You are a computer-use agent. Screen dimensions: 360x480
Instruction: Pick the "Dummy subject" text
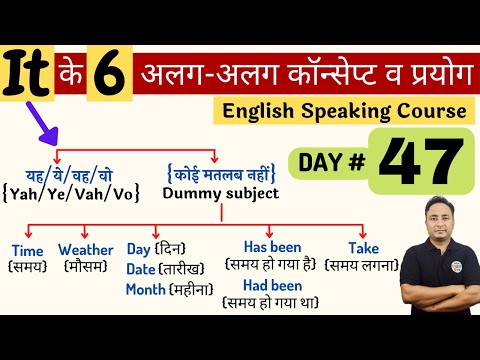tap(219, 192)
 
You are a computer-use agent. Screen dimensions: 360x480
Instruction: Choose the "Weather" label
tap(84, 249)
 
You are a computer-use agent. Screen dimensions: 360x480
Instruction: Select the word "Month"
tap(146, 289)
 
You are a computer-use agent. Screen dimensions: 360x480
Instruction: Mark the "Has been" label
tap(272, 246)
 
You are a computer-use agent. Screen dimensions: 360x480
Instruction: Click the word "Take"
tap(365, 247)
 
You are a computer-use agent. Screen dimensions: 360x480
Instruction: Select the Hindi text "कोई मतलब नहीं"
tap(218, 172)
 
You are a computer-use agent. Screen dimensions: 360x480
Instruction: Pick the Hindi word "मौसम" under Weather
tap(84, 267)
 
